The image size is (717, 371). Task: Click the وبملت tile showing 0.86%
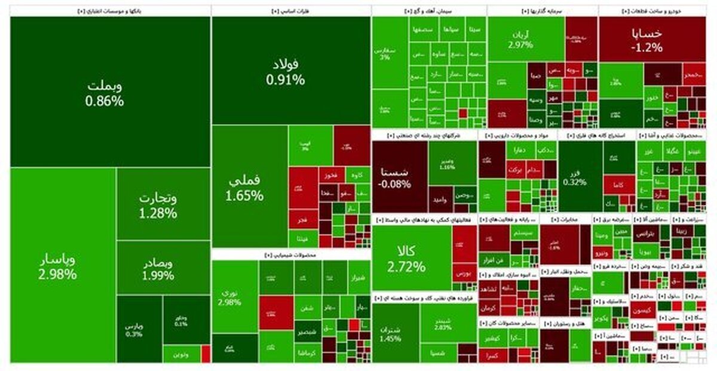105,93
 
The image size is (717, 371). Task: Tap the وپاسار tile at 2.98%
57,267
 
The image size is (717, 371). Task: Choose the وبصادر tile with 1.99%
158,269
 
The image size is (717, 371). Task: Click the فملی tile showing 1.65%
245,186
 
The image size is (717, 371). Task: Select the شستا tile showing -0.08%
394,178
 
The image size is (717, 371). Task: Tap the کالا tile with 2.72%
410,258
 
